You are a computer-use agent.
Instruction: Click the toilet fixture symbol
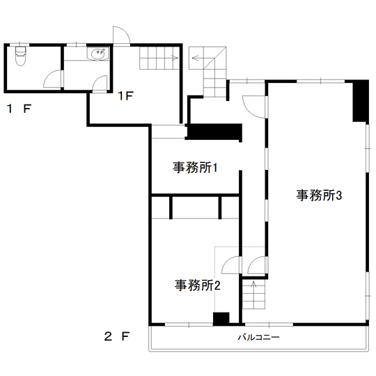click(x=20, y=56)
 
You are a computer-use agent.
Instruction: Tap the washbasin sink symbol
click(x=98, y=53)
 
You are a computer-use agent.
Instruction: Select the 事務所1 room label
click(x=195, y=167)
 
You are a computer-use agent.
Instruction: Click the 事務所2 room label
click(x=197, y=285)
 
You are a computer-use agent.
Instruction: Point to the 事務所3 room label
click(x=319, y=195)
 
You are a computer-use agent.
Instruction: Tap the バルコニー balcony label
click(x=258, y=337)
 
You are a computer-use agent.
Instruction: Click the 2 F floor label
click(x=117, y=336)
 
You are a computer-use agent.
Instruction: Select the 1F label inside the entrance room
click(x=125, y=96)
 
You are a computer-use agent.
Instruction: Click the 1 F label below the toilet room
click(x=19, y=109)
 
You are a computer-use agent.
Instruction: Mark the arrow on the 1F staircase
click(x=175, y=58)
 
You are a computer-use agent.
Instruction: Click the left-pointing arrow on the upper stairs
click(x=195, y=58)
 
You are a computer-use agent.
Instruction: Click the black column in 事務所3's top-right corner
click(x=361, y=102)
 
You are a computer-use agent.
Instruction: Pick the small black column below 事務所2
click(x=221, y=319)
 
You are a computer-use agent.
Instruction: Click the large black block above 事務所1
click(x=214, y=132)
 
